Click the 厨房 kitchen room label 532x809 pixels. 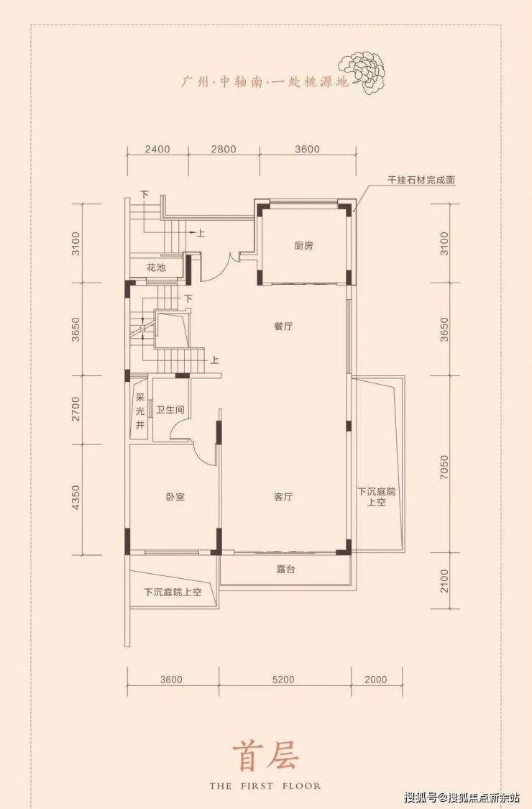(303, 246)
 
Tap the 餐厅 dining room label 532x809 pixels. (283, 326)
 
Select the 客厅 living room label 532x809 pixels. (283, 497)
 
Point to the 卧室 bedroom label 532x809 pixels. (175, 498)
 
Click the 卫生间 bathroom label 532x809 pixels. (170, 410)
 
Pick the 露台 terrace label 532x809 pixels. (285, 570)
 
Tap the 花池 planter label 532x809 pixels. (156, 268)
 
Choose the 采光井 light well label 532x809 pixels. (140, 412)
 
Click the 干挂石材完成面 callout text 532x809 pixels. (421, 180)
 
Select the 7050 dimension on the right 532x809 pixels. (444, 467)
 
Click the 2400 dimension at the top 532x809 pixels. (157, 149)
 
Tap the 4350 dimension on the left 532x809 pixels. (76, 498)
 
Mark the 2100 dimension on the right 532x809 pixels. (444, 581)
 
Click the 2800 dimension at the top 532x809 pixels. (224, 149)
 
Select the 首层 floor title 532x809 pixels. (265, 757)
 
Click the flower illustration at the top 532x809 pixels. (363, 72)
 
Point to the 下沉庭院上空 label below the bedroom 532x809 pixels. (173, 593)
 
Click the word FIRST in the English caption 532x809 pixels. (255, 786)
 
